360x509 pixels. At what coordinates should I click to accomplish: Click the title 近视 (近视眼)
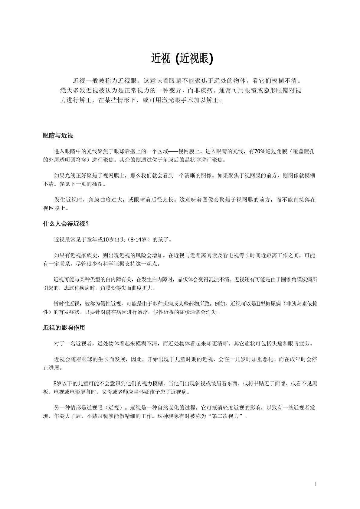click(182, 59)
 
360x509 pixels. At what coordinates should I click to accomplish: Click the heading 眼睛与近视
click(58, 136)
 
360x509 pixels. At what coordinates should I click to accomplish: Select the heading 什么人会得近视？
click(66, 224)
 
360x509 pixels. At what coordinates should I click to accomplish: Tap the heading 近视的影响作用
click(64, 328)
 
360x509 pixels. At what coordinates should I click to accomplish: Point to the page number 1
click(316, 485)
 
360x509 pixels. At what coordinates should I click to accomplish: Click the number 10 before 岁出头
click(106, 240)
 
